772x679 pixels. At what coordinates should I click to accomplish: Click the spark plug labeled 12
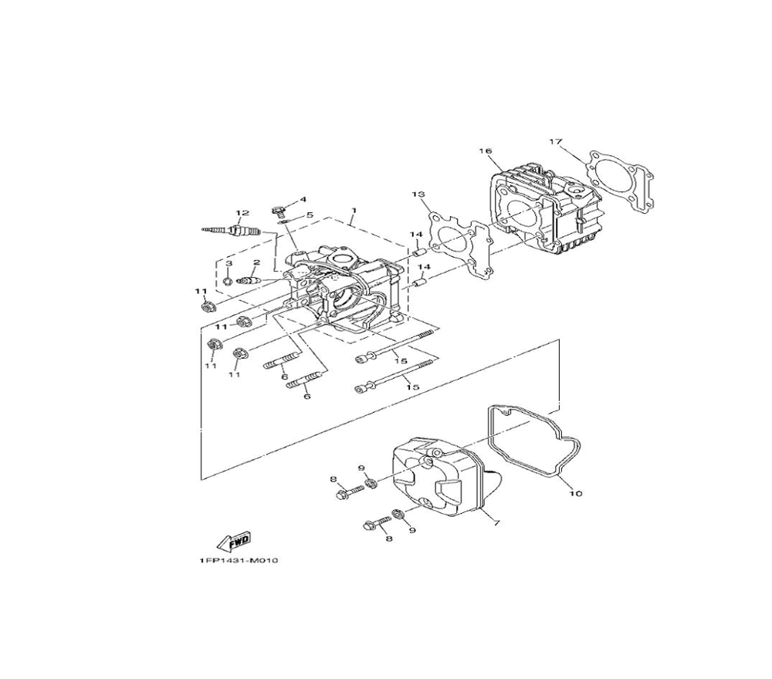pyautogui.click(x=232, y=229)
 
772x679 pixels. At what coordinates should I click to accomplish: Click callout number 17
pyautogui.click(x=555, y=142)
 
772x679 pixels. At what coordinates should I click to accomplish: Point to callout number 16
pyautogui.click(x=485, y=151)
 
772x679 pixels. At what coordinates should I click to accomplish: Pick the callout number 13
pyautogui.click(x=418, y=194)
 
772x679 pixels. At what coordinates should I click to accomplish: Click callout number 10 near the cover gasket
pyautogui.click(x=575, y=492)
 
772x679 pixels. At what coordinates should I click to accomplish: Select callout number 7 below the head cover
pyautogui.click(x=496, y=523)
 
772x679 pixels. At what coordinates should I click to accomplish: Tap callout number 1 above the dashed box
pyautogui.click(x=353, y=210)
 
